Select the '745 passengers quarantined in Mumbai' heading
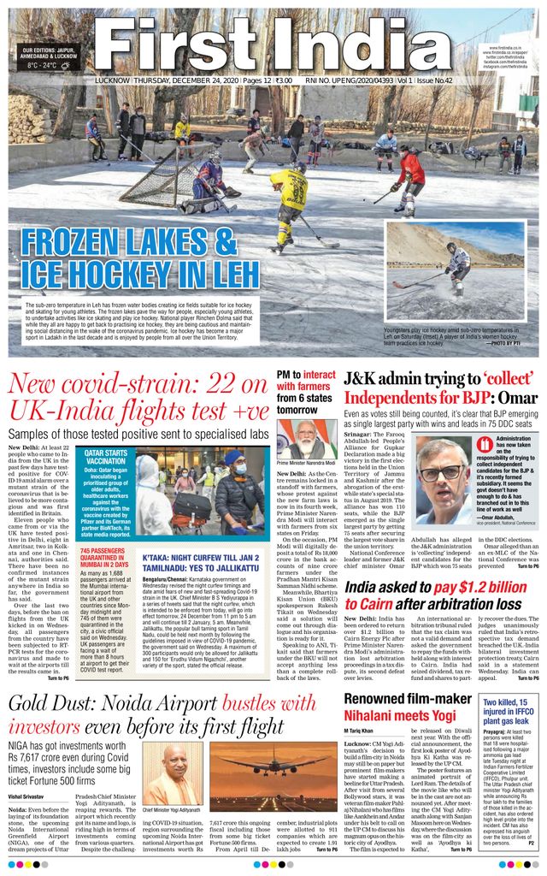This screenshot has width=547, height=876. click(x=103, y=559)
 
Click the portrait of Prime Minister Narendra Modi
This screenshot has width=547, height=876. click(x=305, y=437)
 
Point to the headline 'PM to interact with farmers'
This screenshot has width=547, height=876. click(x=306, y=386)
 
